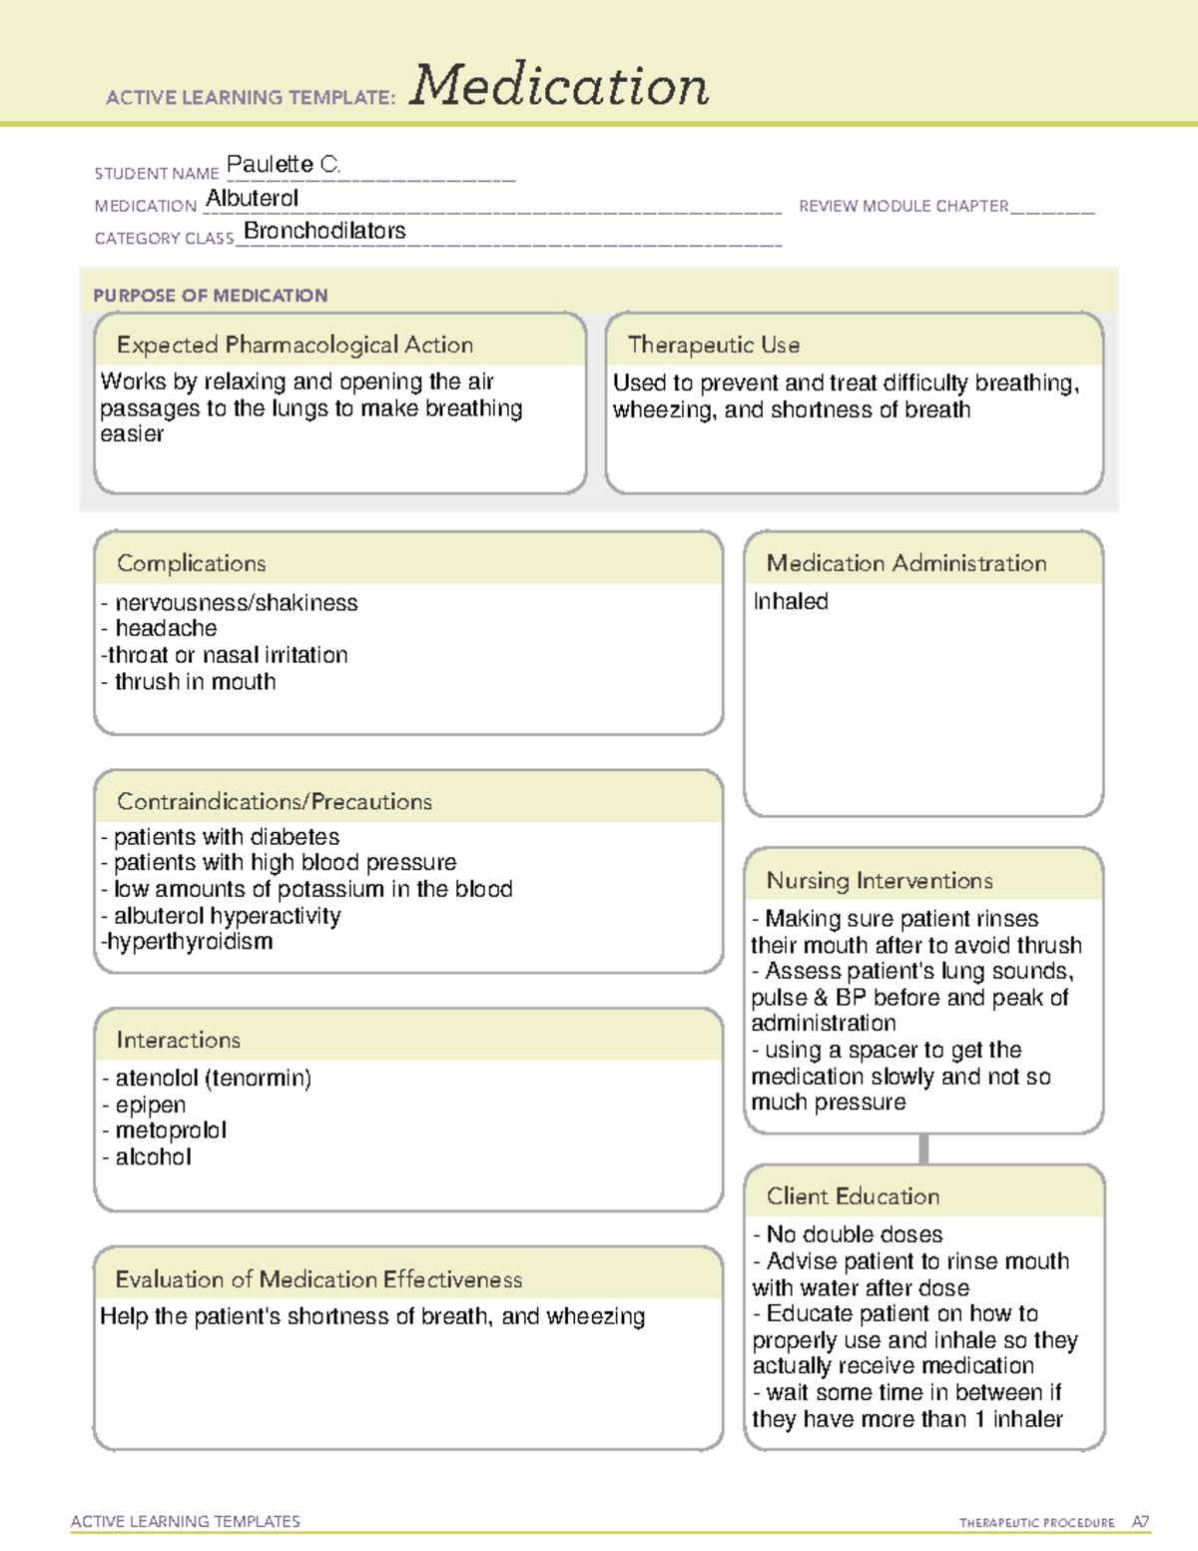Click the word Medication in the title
point(559,86)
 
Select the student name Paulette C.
point(284,164)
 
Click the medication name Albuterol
point(252,199)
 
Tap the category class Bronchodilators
point(324,231)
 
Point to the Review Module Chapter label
point(903,206)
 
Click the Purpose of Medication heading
point(211,296)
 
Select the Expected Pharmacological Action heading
point(295,345)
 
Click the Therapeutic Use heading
point(714,345)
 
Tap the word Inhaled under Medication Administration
point(791,601)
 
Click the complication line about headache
point(165,628)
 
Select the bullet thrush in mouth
point(194,682)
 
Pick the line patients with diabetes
point(225,837)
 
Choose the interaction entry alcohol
point(152,1158)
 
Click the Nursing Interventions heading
point(880,881)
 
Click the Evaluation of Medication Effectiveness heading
point(318,1279)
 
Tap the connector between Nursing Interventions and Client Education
point(923,1150)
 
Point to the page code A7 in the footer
point(1140,1522)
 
